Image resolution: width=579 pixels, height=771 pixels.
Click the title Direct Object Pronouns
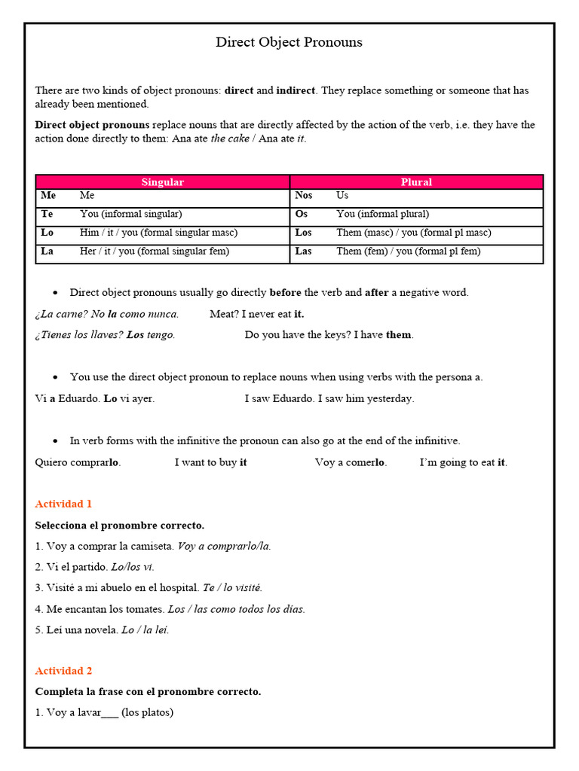(289, 42)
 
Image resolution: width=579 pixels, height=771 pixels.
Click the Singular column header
(162, 182)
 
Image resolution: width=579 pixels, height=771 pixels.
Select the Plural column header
(416, 182)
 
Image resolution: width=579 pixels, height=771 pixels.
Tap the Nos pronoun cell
(303, 196)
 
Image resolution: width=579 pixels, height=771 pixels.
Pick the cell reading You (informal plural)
(382, 214)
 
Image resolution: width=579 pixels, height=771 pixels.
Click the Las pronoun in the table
(303, 251)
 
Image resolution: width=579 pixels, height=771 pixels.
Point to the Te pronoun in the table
(47, 214)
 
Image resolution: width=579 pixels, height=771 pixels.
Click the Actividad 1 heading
(63, 504)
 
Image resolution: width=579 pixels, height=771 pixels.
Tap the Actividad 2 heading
(63, 671)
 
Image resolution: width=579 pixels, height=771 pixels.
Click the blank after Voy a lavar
(109, 712)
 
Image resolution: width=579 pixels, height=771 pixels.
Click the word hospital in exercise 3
(180, 587)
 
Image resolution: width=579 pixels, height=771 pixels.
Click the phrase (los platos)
(147, 712)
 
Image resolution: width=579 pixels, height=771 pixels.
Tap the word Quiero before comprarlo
(51, 462)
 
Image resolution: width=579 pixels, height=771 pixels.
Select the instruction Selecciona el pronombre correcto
(119, 525)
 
